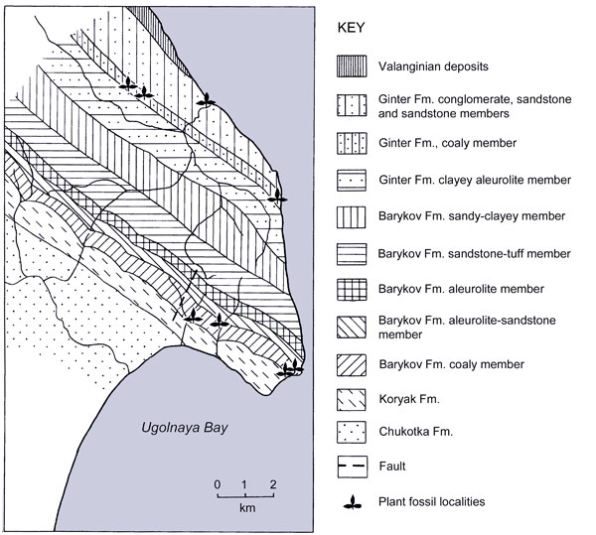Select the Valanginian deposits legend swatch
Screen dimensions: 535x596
tap(351, 67)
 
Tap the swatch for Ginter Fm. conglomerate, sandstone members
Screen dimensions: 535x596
tap(351, 106)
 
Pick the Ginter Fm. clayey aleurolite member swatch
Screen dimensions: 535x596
tap(351, 179)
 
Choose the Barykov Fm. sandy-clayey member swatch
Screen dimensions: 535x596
tap(351, 215)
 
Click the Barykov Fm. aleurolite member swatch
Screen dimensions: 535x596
tap(351, 289)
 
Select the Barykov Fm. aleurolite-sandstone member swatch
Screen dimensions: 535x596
tap(351, 327)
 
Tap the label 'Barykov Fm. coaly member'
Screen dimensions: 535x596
tap(446, 363)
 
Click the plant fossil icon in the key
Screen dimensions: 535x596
tap(351, 501)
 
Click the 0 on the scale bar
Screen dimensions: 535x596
tap(218, 484)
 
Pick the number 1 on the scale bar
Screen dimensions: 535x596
tap(244, 484)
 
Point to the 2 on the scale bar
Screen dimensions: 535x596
tap(272, 484)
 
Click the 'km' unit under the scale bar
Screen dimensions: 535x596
tap(245, 507)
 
